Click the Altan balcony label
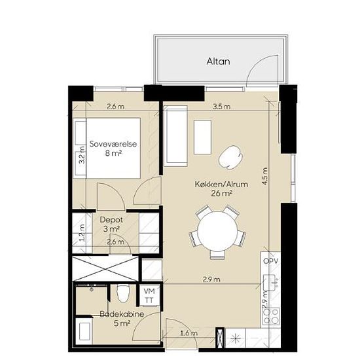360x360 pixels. [x=218, y=62]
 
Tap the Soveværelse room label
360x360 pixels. [x=113, y=144]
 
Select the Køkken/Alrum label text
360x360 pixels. [x=221, y=184]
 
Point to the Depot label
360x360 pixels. [x=111, y=220]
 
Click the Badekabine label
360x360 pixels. [x=122, y=314]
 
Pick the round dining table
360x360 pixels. [x=217, y=232]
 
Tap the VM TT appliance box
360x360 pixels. [x=149, y=295]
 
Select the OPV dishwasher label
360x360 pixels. [x=271, y=261]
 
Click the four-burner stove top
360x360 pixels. [x=271, y=315]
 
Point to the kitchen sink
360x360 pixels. [x=271, y=283]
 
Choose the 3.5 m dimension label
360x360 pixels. [x=221, y=107]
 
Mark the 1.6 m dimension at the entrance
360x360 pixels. [x=189, y=333]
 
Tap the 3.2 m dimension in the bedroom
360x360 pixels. [x=82, y=155]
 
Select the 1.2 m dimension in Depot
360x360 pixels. [x=82, y=233]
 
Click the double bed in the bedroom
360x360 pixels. [x=107, y=148]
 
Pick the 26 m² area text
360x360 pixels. [x=221, y=194]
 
